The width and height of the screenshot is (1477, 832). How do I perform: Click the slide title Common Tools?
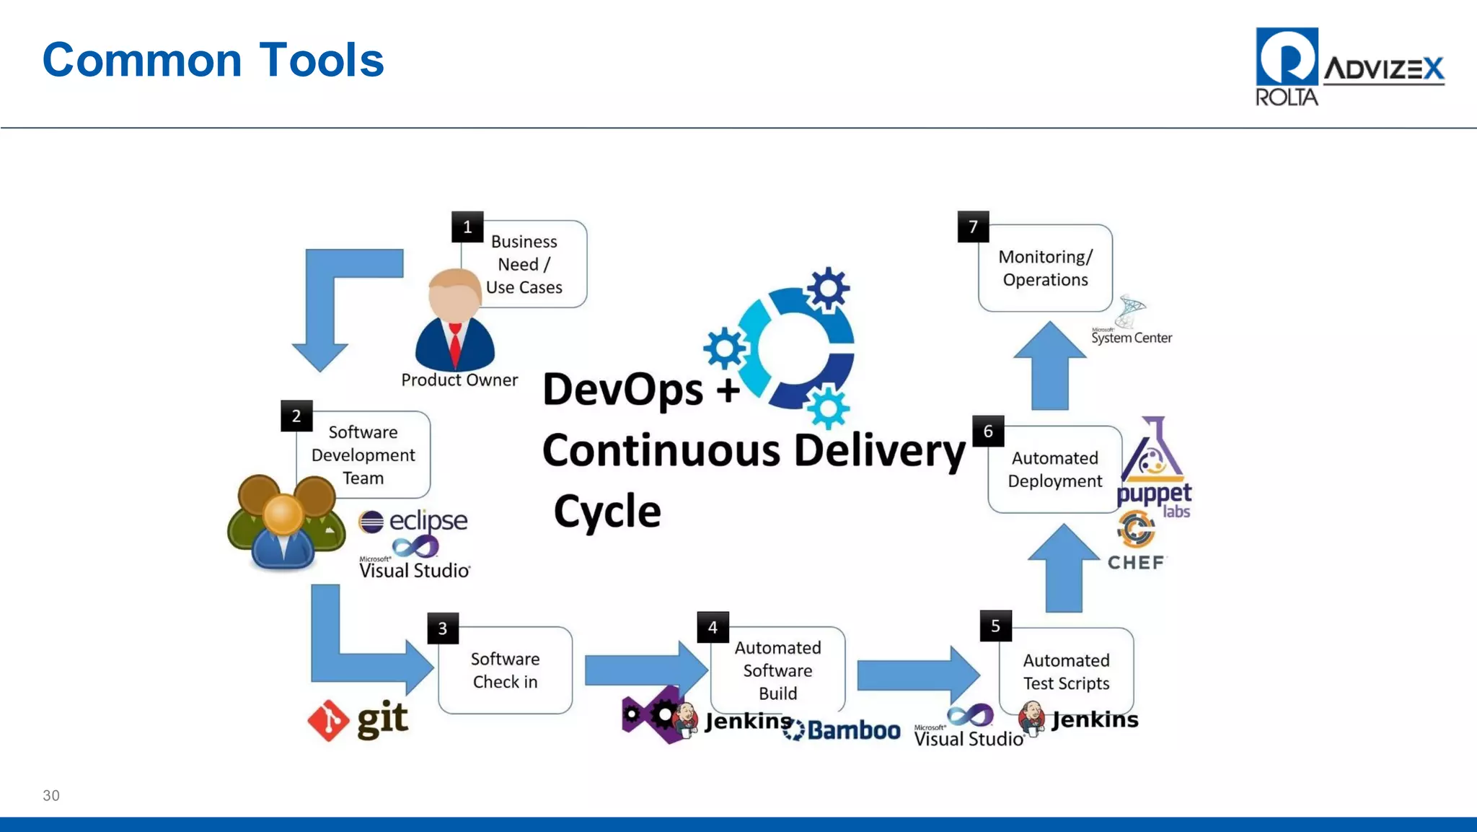tap(213, 60)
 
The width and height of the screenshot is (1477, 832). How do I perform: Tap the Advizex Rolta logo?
tap(1349, 67)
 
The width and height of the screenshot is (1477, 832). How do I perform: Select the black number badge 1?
tap(467, 227)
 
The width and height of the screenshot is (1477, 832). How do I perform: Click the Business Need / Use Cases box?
tap(524, 264)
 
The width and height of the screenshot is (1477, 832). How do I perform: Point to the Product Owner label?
tap(459, 380)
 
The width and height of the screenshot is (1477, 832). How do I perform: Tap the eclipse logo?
tap(413, 520)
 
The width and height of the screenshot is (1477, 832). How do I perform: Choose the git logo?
tap(358, 719)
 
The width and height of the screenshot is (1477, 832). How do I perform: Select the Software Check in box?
tap(505, 670)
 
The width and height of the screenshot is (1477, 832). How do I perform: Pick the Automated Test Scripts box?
tap(1066, 671)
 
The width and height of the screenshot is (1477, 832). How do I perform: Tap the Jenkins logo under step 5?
tap(1079, 719)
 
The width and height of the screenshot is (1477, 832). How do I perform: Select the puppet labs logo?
tap(1154, 469)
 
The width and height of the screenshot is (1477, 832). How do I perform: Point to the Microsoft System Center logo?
tap(1131, 323)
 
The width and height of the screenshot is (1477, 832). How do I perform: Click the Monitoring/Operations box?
tap(1045, 268)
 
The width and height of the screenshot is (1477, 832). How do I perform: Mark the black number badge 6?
tap(988, 432)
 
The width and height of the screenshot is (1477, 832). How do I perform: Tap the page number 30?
tap(51, 795)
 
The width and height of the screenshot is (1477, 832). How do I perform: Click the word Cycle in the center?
tap(607, 512)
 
